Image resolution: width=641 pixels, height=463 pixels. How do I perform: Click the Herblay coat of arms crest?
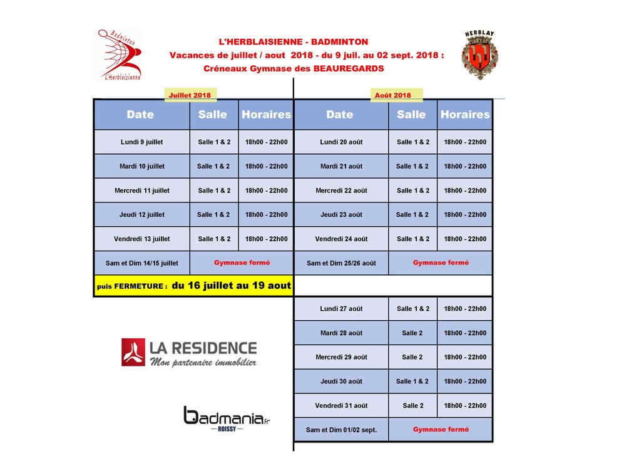pyautogui.click(x=479, y=55)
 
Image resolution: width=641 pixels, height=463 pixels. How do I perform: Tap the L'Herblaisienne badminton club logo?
pyautogui.click(x=121, y=55)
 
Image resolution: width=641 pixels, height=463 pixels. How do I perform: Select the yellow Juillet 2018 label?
pyautogui.click(x=190, y=95)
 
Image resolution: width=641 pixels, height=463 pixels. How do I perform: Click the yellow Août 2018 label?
pyautogui.click(x=392, y=95)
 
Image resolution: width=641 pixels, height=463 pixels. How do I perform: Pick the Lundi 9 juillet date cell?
pyautogui.click(x=141, y=142)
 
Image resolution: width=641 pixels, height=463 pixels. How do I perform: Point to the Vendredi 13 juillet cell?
pyautogui.click(x=141, y=239)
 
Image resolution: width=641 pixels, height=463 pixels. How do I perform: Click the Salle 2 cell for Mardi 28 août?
pyautogui.click(x=413, y=333)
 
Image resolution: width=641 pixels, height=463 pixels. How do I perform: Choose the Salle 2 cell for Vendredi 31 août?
pyautogui.click(x=413, y=405)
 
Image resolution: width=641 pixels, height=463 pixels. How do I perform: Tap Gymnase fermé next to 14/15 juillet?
pyautogui.click(x=242, y=263)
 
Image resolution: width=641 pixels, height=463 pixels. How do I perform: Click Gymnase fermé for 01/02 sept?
pyautogui.click(x=441, y=430)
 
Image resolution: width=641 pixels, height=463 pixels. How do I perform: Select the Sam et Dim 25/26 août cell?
pyautogui.click(x=341, y=263)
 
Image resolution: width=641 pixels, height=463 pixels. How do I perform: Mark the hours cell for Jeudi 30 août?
pyautogui.click(x=464, y=382)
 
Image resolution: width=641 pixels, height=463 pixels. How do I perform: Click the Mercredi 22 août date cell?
pyautogui.click(x=341, y=190)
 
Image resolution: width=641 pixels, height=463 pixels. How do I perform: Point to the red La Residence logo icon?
pyautogui.click(x=133, y=352)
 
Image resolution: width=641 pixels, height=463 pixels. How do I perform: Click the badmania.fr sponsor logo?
pyautogui.click(x=227, y=418)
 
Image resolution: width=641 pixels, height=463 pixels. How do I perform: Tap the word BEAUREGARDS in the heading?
pyautogui.click(x=349, y=69)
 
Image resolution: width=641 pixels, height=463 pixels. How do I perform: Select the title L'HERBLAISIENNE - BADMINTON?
pyautogui.click(x=293, y=42)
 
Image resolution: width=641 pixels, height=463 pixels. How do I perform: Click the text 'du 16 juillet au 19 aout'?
pyautogui.click(x=232, y=286)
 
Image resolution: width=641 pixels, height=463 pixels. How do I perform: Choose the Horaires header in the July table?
pyautogui.click(x=266, y=115)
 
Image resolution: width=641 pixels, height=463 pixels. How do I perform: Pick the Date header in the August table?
pyautogui.click(x=339, y=115)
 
